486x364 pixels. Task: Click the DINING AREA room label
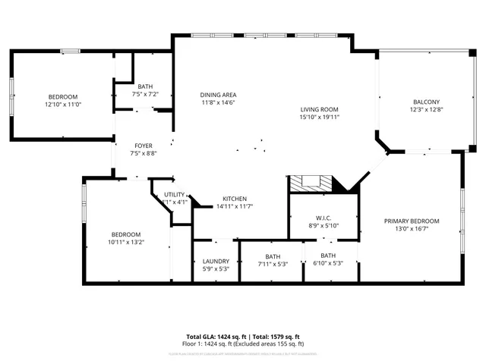coord(213,94)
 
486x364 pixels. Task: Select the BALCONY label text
coord(426,102)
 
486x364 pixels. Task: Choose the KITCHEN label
coord(234,199)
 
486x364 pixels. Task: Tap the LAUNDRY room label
coord(216,262)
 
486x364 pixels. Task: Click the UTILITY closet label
coord(175,195)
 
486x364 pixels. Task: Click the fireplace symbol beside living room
coord(311,184)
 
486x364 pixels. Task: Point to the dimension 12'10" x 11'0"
coord(63,105)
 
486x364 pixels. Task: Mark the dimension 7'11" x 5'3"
coord(273,263)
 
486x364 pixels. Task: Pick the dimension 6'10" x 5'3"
coord(328,263)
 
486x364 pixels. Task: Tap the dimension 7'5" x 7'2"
coord(145,94)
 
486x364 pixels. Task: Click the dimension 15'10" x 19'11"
coord(318,118)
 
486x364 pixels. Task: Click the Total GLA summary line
coord(243,336)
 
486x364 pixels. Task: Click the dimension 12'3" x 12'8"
coord(426,110)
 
